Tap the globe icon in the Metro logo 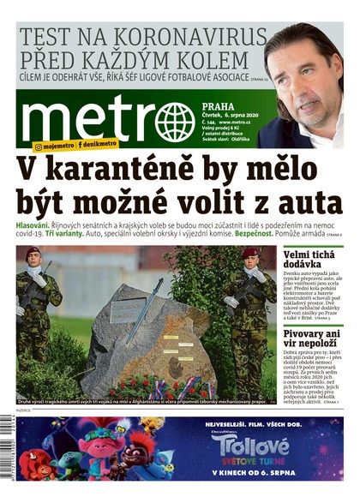pyautogui.click(x=175, y=122)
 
